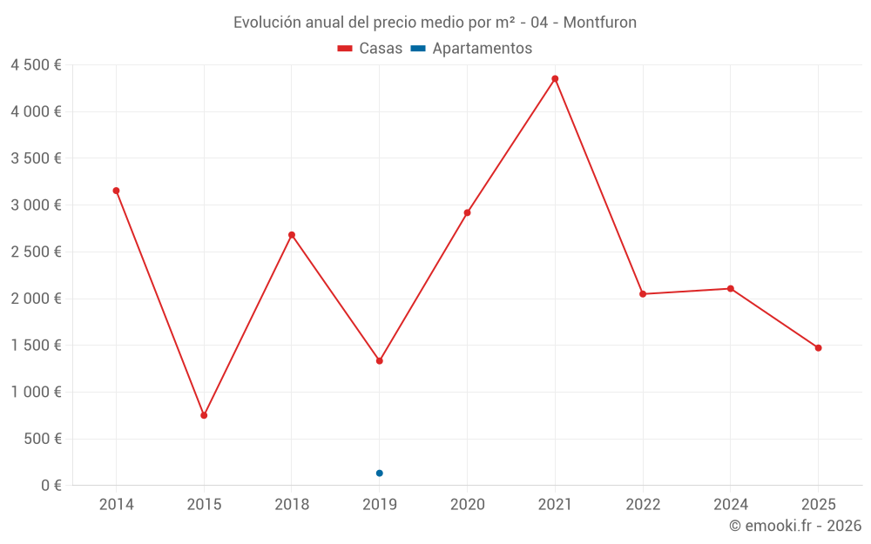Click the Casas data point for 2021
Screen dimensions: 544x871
click(x=555, y=79)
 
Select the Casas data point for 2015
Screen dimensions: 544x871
click(x=204, y=415)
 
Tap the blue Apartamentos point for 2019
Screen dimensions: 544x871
click(x=380, y=473)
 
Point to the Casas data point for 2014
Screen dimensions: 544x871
click(x=116, y=191)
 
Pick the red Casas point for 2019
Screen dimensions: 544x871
click(x=380, y=360)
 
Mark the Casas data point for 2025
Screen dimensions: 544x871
click(x=818, y=348)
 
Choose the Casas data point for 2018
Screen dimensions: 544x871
click(x=292, y=235)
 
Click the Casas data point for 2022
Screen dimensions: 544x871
click(x=643, y=294)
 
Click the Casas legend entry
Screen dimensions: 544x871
click(x=370, y=49)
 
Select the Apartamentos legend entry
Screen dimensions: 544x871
click(x=471, y=49)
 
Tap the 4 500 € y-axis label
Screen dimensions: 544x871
click(x=37, y=65)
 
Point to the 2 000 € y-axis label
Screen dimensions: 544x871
click(x=37, y=299)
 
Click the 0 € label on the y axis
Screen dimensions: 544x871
click(x=49, y=486)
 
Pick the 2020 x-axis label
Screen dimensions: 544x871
click(x=467, y=505)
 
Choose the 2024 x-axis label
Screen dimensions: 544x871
click(x=730, y=505)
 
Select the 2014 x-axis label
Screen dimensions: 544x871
click(x=116, y=505)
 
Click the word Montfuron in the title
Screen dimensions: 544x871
click(x=600, y=23)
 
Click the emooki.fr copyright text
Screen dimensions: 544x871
click(x=795, y=526)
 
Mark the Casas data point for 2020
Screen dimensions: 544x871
click(x=467, y=212)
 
